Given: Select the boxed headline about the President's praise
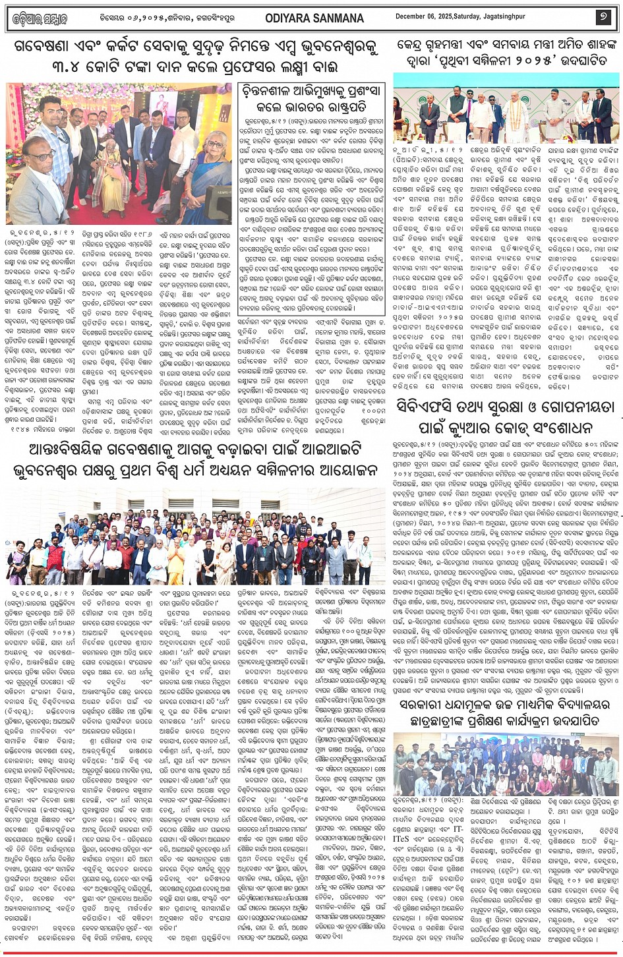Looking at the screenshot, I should [312, 98].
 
